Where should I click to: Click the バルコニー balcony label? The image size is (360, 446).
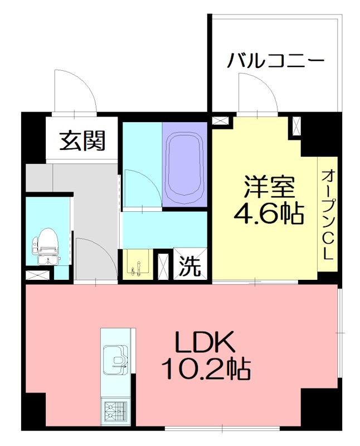coord(275,60)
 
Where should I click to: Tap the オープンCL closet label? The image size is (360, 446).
coord(327,215)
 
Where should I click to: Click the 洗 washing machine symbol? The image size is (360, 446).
coord(190,266)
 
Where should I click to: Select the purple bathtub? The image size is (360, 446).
coord(185,166)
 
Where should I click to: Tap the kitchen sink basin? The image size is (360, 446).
coord(117,360)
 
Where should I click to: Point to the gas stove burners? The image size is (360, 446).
coord(116,412)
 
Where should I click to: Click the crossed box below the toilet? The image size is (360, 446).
coord(39,275)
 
